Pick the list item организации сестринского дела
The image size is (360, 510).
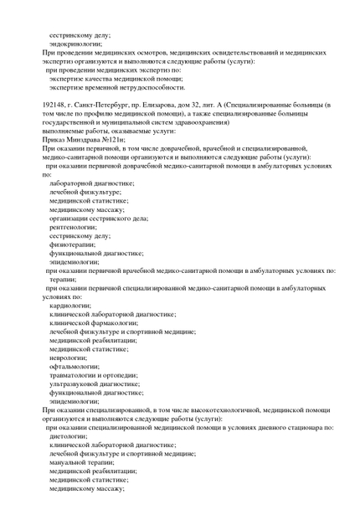tap(98, 218)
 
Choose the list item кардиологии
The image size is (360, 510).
tap(70, 306)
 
